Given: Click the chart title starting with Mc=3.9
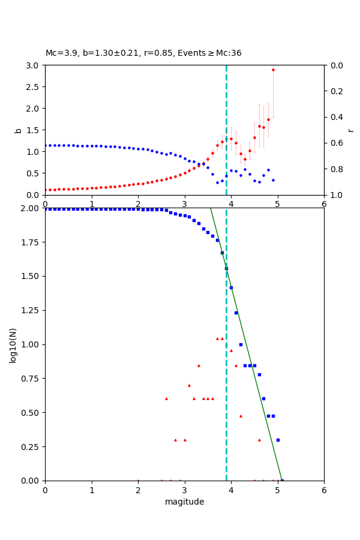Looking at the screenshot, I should coord(143,53).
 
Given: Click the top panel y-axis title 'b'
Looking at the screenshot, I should coord(18,130).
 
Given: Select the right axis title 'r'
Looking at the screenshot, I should coord(351,130).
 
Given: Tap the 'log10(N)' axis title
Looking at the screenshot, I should coord(13,344).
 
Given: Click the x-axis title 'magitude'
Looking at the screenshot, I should coord(184,502).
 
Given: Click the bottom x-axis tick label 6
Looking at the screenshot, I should coord(324,490).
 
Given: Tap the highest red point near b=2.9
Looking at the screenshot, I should coord(273,70).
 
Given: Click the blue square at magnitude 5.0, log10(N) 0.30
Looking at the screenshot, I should coord(278,440).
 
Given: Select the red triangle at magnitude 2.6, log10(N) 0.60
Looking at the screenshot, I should coord(166,398).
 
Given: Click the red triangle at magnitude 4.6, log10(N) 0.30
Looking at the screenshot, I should coord(259,440).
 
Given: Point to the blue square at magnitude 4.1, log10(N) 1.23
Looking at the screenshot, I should coord(236,313).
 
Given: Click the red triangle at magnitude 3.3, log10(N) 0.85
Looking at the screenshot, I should coord(199,365).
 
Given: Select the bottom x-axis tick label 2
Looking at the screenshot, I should coord(138,490).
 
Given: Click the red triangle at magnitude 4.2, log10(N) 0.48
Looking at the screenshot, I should coord(241,416).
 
